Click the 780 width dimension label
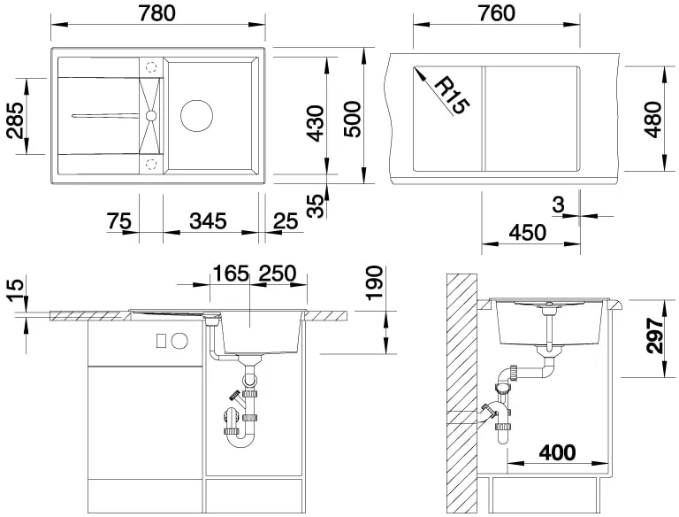pos(157,13)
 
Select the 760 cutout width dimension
pos(497,13)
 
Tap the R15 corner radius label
pos(451,96)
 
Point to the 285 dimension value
pos(16,120)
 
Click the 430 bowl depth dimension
pos(315,123)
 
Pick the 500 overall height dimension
pos(352,120)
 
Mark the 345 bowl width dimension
pos(208,220)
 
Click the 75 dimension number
pos(119,220)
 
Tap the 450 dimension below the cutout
pos(528,233)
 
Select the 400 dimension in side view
pos(557,452)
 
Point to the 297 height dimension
pos(654,336)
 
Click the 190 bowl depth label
pos(375,282)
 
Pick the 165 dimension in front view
pos(231,274)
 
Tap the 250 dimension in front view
pos(278,274)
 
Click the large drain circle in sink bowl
pos(196,116)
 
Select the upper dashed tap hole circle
pos(151,67)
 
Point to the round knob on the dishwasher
pos(179,341)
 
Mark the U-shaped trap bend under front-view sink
pos(240,440)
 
